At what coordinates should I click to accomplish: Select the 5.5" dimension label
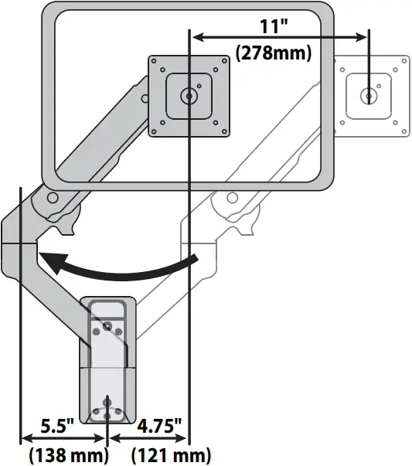coord(58,427)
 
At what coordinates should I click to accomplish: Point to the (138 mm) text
coord(68,454)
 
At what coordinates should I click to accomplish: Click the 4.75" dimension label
coord(159,427)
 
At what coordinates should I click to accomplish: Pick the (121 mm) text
coord(172,454)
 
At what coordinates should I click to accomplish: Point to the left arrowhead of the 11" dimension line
coord(196,36)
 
